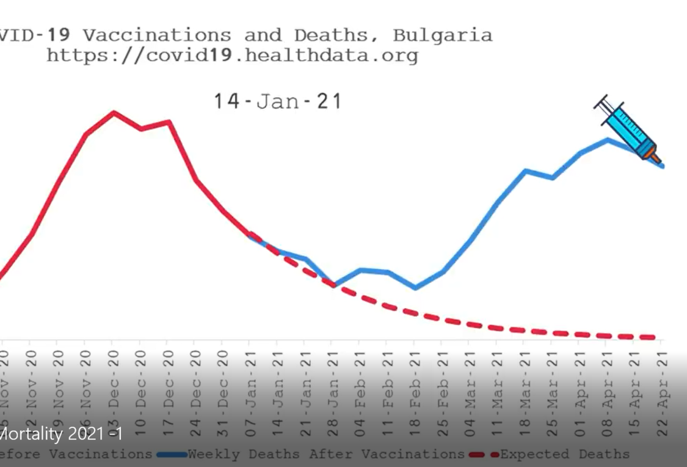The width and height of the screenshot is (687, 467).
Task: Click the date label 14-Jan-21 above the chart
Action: (278, 101)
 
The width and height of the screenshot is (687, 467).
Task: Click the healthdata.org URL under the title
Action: (232, 56)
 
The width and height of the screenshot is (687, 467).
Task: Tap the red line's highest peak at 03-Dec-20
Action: (114, 112)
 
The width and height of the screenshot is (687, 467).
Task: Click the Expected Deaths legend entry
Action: (565, 454)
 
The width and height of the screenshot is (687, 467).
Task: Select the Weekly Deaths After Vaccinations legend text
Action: (326, 454)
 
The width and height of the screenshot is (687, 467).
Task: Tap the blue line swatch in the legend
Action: (172, 455)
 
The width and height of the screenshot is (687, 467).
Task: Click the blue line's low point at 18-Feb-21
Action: (415, 287)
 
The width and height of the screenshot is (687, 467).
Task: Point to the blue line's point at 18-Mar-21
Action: (525, 171)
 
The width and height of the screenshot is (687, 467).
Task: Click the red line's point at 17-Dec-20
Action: (169, 122)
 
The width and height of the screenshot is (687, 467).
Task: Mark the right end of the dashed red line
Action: (653, 337)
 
